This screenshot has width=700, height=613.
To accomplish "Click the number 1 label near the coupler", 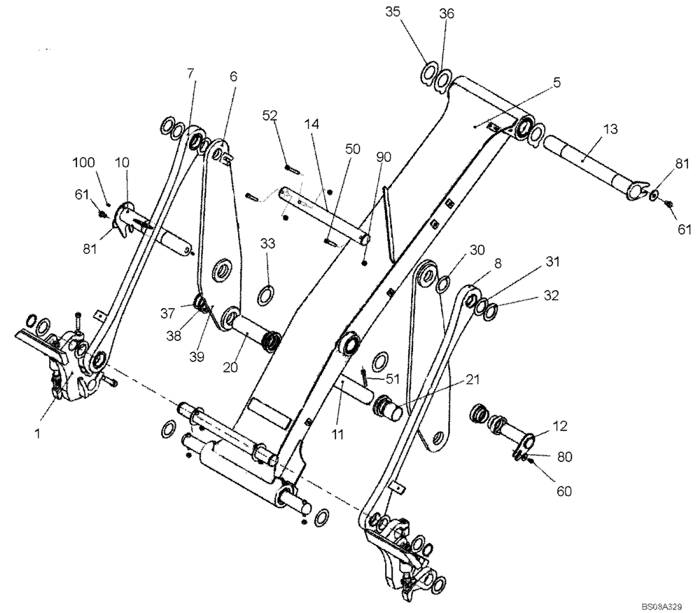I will [x=38, y=434].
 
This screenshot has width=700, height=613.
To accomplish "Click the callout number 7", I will [x=189, y=73].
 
